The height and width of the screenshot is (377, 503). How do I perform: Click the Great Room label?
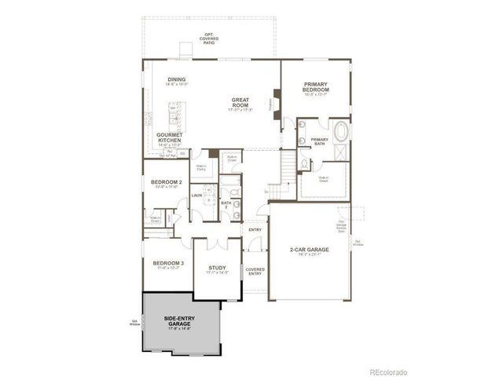(240, 103)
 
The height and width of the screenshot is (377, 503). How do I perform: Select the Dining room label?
(176, 80)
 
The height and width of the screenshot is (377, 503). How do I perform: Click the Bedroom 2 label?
(166, 184)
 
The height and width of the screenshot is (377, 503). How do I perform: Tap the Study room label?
(217, 269)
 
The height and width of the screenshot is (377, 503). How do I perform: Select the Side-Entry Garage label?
(180, 321)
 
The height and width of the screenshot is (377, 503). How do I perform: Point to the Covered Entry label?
(255, 272)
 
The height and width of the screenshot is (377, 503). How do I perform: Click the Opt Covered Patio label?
(209, 36)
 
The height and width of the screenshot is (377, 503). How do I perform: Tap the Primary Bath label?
(319, 141)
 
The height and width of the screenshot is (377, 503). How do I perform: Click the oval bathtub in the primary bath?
(342, 131)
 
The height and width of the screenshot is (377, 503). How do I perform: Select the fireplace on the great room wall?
(277, 103)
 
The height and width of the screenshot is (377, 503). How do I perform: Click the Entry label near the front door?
(254, 229)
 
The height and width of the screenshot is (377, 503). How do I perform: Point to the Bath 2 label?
(226, 203)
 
